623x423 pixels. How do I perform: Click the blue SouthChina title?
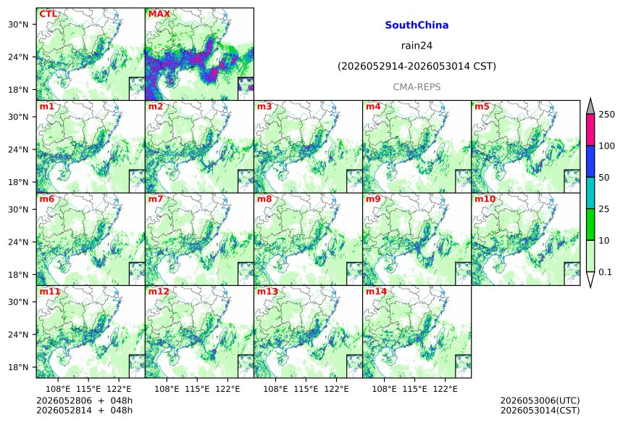click(x=417, y=25)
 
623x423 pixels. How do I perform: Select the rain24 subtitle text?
click(x=417, y=46)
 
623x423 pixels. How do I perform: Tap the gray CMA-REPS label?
click(x=417, y=87)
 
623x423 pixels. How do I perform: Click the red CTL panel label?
click(x=48, y=15)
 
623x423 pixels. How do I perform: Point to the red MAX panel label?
click(x=159, y=15)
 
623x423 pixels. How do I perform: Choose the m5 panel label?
click(x=482, y=107)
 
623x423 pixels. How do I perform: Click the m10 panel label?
click(x=485, y=199)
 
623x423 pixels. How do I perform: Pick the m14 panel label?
click(x=376, y=292)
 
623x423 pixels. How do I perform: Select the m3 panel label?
click(x=264, y=107)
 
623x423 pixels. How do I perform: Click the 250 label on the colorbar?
click(x=607, y=115)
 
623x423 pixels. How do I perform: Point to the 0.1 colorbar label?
click(x=605, y=272)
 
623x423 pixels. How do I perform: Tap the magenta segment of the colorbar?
click(x=590, y=130)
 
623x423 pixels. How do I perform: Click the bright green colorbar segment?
click(x=590, y=224)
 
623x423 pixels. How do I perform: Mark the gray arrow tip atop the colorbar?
click(x=590, y=98)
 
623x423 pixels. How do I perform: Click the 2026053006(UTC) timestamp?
click(x=540, y=401)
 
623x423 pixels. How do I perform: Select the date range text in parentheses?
click(x=417, y=67)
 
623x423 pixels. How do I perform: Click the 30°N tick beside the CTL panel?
click(x=18, y=24)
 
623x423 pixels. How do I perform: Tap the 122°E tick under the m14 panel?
click(x=445, y=389)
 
